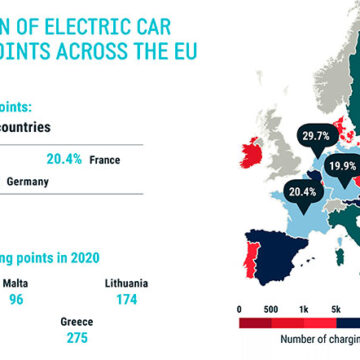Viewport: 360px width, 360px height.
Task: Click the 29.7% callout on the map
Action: coord(288,135)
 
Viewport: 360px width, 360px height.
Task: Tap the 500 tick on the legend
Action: coord(270,283)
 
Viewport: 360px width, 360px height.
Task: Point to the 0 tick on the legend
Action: coord(240,283)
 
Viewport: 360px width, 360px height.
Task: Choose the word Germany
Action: coord(27,182)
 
